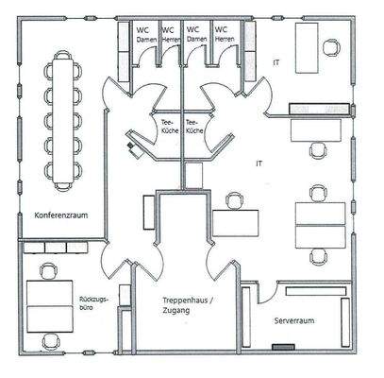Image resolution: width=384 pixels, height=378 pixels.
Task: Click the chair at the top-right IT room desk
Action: [332, 46]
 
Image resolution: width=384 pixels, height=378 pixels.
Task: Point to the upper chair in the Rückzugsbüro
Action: [46, 272]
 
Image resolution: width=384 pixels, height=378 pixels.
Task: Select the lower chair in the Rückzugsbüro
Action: [46, 334]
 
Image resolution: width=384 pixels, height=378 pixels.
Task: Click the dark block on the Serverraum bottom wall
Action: [280, 347]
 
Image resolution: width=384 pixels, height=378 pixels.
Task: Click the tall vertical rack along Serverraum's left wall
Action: [248, 317]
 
